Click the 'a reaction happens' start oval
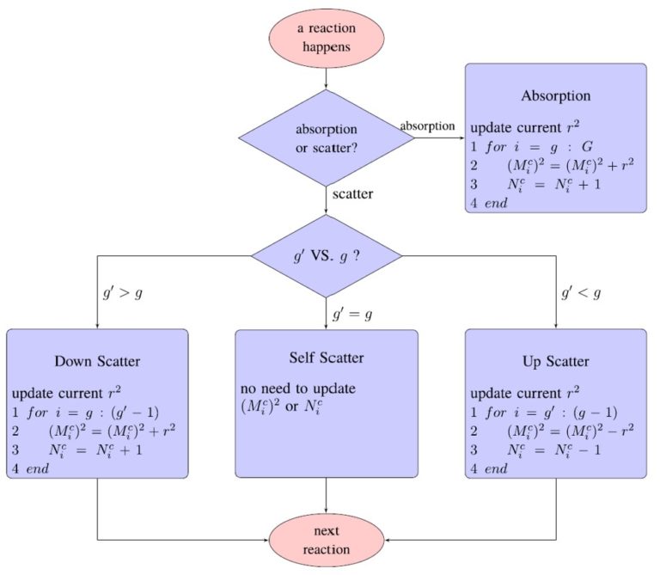326,38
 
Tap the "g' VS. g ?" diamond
326,255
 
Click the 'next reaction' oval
326,540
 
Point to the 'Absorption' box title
555,95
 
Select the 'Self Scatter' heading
327,356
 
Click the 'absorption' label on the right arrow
427,126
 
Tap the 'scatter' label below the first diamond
352,194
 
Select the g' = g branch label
352,315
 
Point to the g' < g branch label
581,293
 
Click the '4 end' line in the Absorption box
489,204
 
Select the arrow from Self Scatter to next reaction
327,497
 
